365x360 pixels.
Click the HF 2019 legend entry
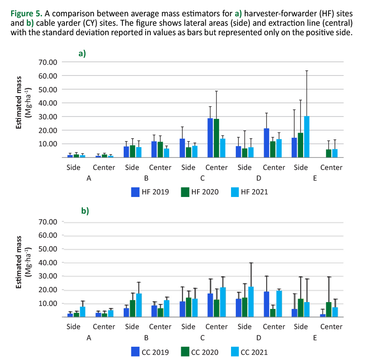[150, 192]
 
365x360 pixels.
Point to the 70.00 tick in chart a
[48, 62]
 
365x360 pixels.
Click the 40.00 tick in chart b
[48, 263]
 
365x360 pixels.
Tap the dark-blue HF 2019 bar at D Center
[267, 143]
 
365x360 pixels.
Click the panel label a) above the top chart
[82, 54]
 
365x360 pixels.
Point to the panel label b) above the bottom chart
[85, 211]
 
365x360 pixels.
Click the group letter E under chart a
[315, 178]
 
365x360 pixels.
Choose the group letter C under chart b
[202, 338]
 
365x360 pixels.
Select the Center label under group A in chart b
[104, 327]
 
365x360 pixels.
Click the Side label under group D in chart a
[244, 167]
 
